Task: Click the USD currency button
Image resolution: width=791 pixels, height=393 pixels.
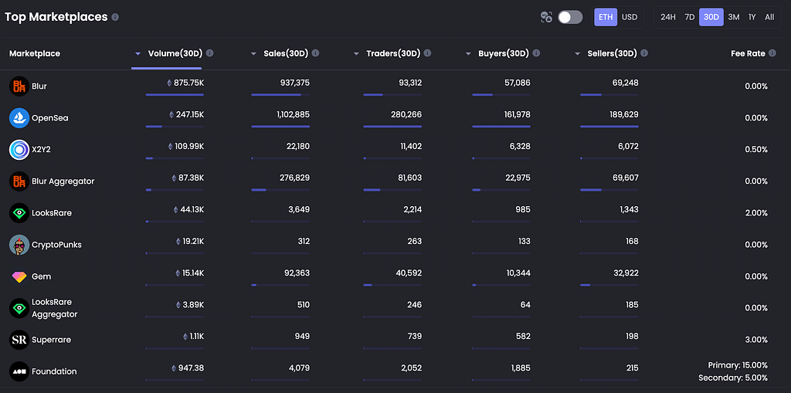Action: (630, 17)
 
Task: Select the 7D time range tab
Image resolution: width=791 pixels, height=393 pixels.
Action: (690, 17)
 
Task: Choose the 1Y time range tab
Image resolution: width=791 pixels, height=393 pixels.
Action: (752, 17)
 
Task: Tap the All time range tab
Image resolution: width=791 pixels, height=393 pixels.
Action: (769, 17)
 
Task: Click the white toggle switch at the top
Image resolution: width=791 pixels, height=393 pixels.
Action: (570, 17)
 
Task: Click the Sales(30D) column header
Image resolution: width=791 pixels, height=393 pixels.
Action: (286, 53)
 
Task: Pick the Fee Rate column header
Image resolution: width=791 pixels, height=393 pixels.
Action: (748, 53)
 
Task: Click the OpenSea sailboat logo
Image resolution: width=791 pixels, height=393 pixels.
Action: (19, 118)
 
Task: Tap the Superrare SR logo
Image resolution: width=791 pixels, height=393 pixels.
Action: (19, 340)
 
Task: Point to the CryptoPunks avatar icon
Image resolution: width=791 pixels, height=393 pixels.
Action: (19, 245)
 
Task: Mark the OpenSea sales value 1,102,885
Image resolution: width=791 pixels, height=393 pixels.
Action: (293, 114)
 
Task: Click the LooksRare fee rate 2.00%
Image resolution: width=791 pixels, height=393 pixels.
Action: (756, 213)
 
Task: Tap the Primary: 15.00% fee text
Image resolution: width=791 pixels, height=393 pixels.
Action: (738, 364)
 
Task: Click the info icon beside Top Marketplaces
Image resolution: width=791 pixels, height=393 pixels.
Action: (116, 17)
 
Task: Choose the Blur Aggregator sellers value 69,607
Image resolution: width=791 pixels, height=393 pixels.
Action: (625, 178)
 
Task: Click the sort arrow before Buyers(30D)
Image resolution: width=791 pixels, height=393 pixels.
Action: (468, 53)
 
